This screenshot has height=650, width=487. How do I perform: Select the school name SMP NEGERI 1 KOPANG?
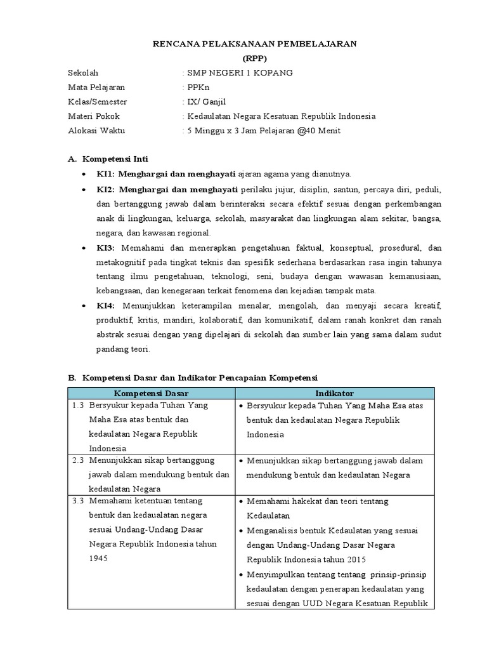[x=239, y=73]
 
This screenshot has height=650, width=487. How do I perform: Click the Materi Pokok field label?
[x=94, y=116]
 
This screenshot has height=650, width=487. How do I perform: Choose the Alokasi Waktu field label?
[x=96, y=131]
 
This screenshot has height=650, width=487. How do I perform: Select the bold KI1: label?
[x=105, y=174]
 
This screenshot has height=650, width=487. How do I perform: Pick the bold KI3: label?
[x=106, y=248]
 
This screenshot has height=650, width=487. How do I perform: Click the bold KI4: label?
[x=106, y=305]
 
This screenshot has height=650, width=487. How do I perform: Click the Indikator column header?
[x=335, y=394]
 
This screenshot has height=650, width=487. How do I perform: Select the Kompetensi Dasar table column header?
[x=152, y=394]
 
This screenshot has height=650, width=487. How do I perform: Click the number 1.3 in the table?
[x=78, y=405]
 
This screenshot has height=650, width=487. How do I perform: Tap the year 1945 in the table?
[x=98, y=559]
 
